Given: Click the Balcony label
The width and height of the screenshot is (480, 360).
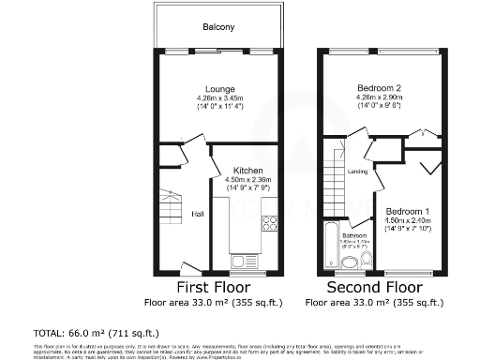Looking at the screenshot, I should click(219, 27).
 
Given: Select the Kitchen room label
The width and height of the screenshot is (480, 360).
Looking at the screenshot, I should click(247, 170).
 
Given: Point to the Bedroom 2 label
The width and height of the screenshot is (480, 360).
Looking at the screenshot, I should click(380, 86).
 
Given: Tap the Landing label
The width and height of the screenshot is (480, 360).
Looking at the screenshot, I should click(357, 172).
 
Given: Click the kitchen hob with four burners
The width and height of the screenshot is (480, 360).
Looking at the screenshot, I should click(269, 223).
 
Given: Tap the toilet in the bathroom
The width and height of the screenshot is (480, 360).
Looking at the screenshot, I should click(350, 262).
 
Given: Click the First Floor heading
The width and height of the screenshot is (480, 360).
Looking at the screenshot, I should click(219, 286).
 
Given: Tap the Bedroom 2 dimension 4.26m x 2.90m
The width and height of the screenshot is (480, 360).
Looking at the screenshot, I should click(380, 97).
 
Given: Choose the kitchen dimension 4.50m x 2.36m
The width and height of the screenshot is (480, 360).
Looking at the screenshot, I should click(247, 180).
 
